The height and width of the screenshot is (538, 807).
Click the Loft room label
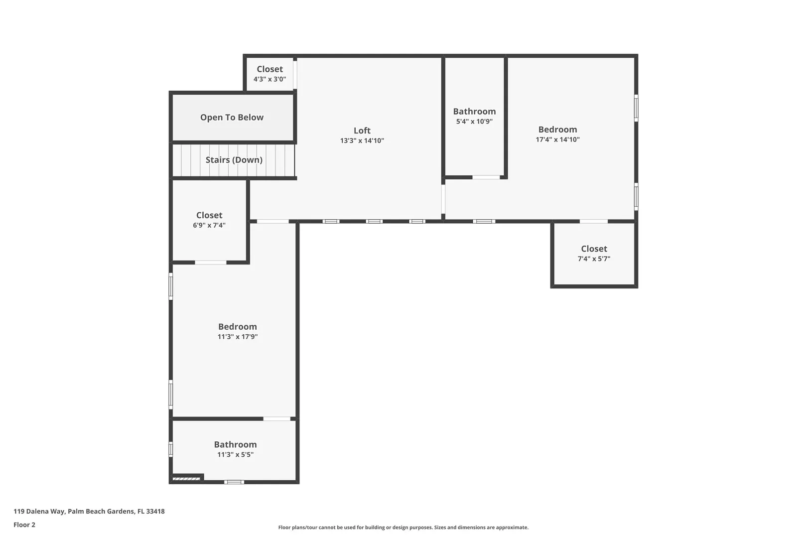tap(362, 131)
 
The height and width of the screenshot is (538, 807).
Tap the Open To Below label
tap(232, 118)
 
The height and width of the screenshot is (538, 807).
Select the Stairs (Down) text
tap(234, 159)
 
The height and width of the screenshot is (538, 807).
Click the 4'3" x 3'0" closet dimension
tap(269, 79)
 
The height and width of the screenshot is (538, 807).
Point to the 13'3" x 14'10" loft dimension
tap(362, 140)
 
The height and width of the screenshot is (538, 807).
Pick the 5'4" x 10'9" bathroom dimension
tap(474, 122)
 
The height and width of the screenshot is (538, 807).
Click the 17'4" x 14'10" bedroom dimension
tap(558, 139)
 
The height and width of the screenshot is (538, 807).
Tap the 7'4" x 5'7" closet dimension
tap(594, 259)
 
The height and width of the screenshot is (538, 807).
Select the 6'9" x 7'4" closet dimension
tap(209, 225)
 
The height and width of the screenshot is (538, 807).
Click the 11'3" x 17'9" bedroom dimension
tap(238, 337)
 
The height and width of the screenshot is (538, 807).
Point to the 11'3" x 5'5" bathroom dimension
tap(235, 454)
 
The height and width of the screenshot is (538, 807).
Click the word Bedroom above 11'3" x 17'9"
tap(238, 326)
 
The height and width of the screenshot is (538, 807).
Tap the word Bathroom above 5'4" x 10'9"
tap(474, 112)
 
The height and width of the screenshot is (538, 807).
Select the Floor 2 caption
tap(24, 525)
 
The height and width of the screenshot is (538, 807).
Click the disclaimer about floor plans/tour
tap(403, 527)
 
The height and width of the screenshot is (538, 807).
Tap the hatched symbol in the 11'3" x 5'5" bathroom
tap(186, 479)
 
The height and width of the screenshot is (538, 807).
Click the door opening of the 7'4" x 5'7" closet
tap(594, 221)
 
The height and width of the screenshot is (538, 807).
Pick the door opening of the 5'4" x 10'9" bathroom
tap(486, 177)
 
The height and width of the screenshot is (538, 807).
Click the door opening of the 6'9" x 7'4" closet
tap(211, 263)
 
